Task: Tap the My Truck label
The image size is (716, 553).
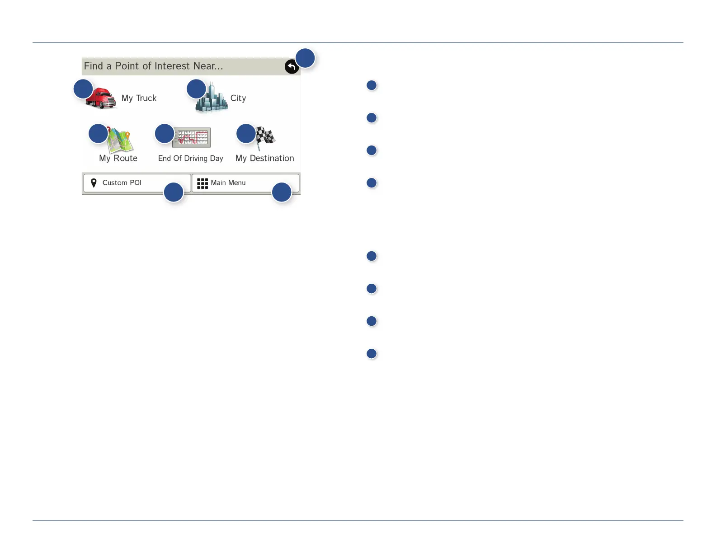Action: [x=139, y=98]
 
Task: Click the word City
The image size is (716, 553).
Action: [x=238, y=98]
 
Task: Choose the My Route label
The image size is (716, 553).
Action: [x=118, y=158]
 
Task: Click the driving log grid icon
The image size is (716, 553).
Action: [x=192, y=137]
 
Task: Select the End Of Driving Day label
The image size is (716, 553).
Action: [x=190, y=158]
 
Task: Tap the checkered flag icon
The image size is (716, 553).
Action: [x=265, y=136]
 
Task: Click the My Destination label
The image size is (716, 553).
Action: [x=264, y=158]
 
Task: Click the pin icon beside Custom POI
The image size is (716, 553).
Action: [x=94, y=183]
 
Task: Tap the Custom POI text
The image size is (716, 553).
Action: [x=122, y=183]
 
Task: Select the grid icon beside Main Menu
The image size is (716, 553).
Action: [x=202, y=183]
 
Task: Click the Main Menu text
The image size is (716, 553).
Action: [x=228, y=183]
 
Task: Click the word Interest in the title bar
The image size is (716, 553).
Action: [x=172, y=66]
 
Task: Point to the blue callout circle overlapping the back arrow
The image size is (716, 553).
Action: [x=305, y=58]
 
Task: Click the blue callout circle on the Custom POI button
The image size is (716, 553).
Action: [x=174, y=192]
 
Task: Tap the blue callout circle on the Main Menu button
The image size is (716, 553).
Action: [x=281, y=192]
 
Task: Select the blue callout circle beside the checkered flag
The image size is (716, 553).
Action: [x=246, y=134]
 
